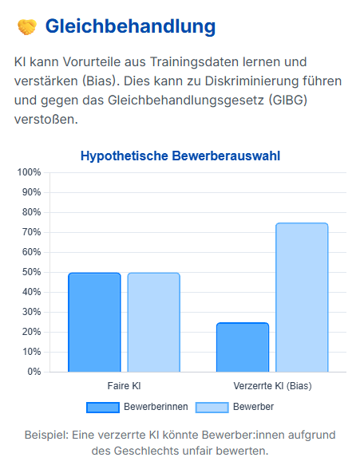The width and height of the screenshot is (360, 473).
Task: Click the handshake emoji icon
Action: point(27,26)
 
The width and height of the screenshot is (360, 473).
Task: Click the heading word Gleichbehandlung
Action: point(130,26)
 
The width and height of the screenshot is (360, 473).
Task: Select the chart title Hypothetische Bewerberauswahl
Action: point(180,156)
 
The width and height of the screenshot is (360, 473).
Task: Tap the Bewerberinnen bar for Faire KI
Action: point(94,322)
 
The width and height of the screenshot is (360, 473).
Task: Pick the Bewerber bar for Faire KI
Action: point(154,322)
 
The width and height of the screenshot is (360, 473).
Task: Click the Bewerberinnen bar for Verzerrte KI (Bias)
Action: point(243,347)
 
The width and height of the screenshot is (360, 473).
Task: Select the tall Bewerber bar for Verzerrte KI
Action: point(302,298)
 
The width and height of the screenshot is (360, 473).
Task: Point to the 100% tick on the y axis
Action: point(29,172)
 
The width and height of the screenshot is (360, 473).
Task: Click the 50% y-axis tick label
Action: point(31,272)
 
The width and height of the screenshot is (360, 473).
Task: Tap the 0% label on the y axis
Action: point(34,372)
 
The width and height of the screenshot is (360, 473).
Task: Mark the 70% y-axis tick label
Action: point(31,232)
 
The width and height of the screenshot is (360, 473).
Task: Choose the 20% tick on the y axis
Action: point(31,332)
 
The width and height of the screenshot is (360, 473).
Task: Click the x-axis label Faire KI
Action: point(124,386)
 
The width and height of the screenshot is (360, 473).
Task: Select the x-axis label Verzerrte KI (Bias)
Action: point(272,386)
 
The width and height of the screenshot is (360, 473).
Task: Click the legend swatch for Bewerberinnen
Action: point(103,408)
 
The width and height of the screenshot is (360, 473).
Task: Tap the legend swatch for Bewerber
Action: point(212,408)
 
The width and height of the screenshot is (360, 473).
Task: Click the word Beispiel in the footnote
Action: point(47,436)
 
